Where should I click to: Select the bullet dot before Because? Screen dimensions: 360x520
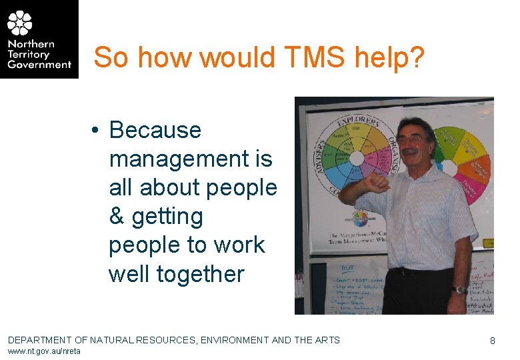click(97, 131)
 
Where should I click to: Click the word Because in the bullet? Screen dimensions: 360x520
click(155, 130)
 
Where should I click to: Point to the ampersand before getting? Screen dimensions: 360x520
click(117, 217)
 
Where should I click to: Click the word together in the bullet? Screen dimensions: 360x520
click(176, 274)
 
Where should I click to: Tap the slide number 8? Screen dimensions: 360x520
click(493, 341)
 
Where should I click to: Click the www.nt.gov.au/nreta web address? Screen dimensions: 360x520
click(44, 351)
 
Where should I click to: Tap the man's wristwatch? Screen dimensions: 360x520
click(459, 289)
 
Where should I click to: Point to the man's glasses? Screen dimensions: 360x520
click(411, 139)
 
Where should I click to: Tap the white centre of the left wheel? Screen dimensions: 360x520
click(356, 159)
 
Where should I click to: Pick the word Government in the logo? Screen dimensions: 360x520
click(39, 65)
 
